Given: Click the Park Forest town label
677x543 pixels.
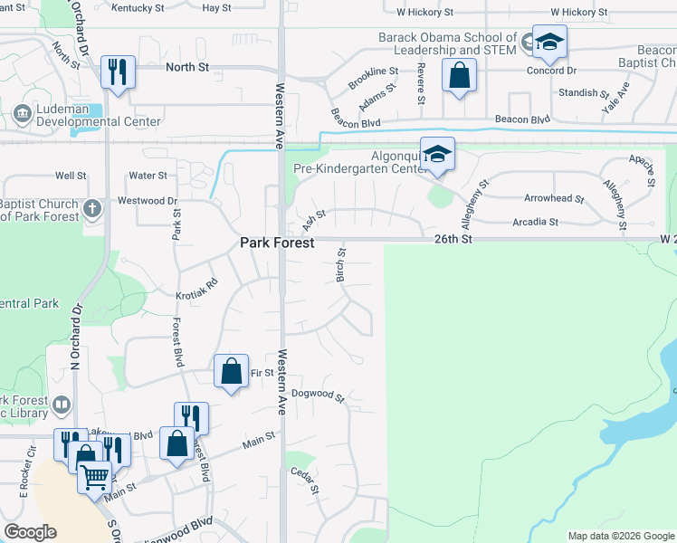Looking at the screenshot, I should [x=277, y=243].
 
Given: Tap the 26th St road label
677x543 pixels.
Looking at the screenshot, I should [x=453, y=239].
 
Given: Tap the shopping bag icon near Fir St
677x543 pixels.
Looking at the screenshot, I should [x=232, y=370].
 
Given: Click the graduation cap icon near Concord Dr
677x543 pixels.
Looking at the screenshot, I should [x=549, y=42].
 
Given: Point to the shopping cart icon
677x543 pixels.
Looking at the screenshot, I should [x=94, y=476].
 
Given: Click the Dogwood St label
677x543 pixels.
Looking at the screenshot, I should [x=319, y=395].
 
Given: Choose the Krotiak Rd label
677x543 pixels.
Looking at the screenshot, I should [x=198, y=288].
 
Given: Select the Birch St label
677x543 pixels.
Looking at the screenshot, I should [x=342, y=265].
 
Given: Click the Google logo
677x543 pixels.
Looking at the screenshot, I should [x=30, y=532].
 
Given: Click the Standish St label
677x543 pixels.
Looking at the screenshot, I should [x=577, y=92].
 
